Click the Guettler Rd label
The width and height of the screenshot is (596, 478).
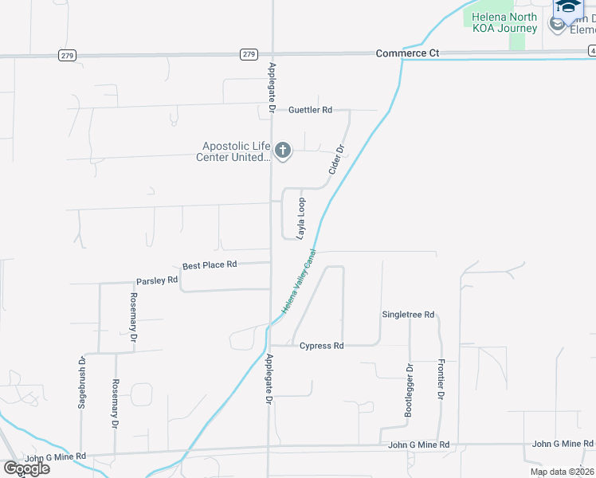(x=310, y=110)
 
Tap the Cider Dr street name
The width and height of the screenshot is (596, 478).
(x=336, y=160)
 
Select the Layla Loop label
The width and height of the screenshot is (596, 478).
(x=302, y=219)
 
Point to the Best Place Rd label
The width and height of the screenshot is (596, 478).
(x=210, y=264)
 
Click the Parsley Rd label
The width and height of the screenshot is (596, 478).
(x=156, y=280)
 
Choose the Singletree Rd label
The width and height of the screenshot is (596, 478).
(x=408, y=315)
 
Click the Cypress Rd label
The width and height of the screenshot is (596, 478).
(x=321, y=346)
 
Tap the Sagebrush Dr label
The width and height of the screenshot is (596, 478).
(x=82, y=383)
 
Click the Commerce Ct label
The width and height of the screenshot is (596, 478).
(x=407, y=53)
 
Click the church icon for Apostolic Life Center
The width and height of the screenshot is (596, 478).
(x=282, y=150)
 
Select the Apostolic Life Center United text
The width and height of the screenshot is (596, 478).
(x=233, y=151)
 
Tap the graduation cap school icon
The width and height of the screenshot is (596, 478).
(x=568, y=6)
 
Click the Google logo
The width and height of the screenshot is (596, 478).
(x=25, y=468)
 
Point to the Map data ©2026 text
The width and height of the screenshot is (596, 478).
(x=563, y=472)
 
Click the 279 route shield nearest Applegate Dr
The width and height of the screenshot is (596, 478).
(x=249, y=54)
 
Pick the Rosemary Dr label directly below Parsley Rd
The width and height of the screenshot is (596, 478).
(x=133, y=316)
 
